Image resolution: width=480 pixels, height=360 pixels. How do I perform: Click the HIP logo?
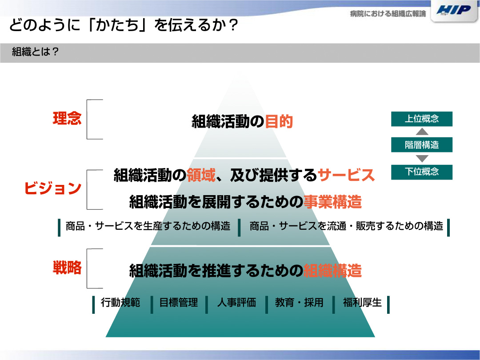(454, 10)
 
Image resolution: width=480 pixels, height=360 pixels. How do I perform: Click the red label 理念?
(68, 118)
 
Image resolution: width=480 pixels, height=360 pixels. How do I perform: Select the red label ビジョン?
(52, 188)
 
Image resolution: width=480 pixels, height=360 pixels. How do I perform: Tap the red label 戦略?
(68, 268)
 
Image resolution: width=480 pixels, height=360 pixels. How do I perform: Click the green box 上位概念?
(421, 119)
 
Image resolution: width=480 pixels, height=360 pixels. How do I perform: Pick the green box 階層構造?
(421, 145)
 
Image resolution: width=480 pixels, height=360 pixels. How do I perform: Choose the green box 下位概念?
(421, 172)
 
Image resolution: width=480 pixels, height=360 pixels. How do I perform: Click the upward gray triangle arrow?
(422, 132)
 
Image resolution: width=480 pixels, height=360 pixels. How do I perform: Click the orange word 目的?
(279, 121)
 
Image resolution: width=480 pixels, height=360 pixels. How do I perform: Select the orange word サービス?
(346, 176)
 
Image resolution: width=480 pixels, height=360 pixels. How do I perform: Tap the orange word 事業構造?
(332, 202)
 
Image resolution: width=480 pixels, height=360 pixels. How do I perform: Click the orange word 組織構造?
(332, 271)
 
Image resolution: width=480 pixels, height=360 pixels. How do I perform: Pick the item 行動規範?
(120, 303)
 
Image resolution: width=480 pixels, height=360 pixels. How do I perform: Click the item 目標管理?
(179, 303)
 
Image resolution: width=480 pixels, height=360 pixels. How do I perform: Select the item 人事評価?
(236, 303)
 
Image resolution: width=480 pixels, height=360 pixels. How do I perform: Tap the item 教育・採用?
(299, 303)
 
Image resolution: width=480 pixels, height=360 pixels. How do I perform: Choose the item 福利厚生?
(362, 303)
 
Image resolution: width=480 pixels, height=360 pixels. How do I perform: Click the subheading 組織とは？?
(35, 52)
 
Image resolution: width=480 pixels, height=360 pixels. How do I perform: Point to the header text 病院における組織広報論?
(388, 14)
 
